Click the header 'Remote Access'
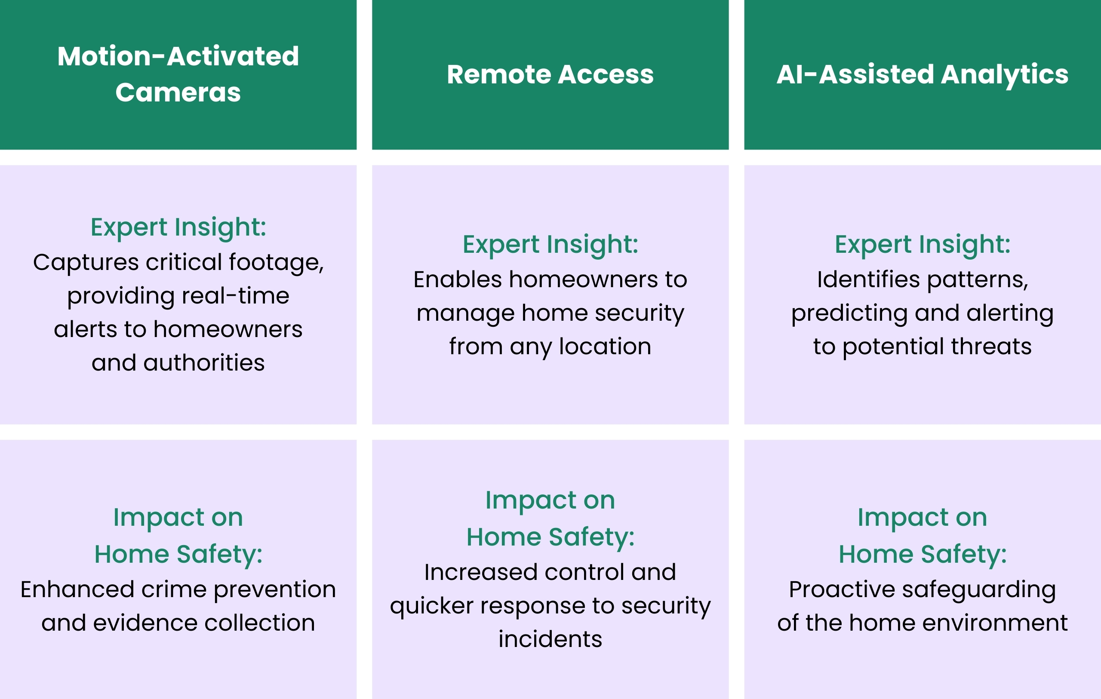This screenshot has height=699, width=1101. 550,74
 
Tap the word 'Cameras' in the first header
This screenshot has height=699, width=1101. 178,93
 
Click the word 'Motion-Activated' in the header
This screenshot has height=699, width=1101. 178,56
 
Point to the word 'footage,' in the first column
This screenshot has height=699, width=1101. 276,263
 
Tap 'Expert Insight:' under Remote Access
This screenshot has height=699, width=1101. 550,245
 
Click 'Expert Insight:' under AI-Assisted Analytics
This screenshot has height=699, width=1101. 922,245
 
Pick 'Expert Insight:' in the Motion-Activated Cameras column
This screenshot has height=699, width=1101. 178,227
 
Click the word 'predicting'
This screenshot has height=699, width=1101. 849,314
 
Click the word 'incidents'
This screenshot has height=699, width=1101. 550,639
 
